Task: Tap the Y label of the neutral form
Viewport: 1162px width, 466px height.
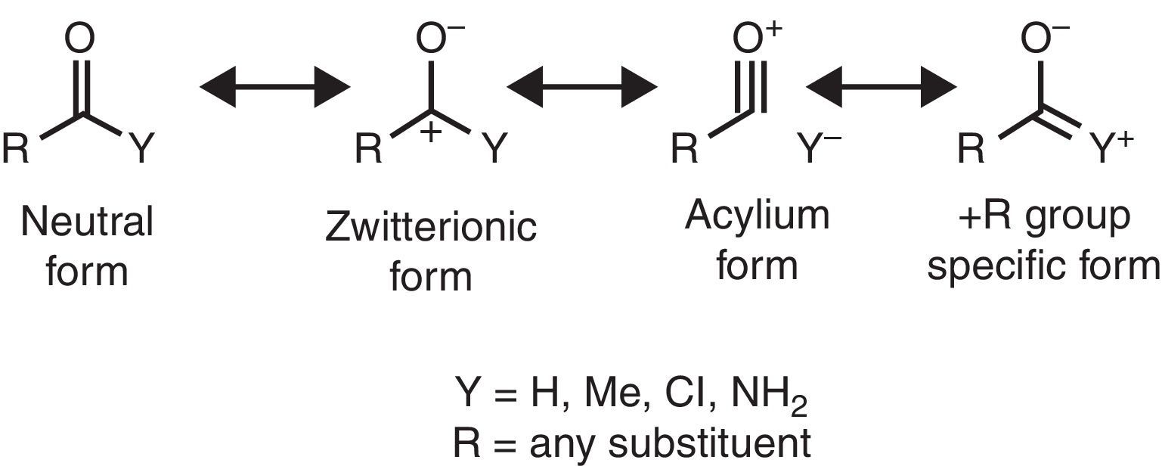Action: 140,149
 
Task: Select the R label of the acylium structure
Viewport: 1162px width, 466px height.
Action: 685,149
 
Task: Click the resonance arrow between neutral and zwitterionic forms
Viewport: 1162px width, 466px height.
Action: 274,88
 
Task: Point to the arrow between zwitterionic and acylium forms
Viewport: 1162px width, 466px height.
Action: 582,88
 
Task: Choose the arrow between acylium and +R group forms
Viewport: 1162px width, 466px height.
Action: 881,88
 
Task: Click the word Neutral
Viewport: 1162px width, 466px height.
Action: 87,222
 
